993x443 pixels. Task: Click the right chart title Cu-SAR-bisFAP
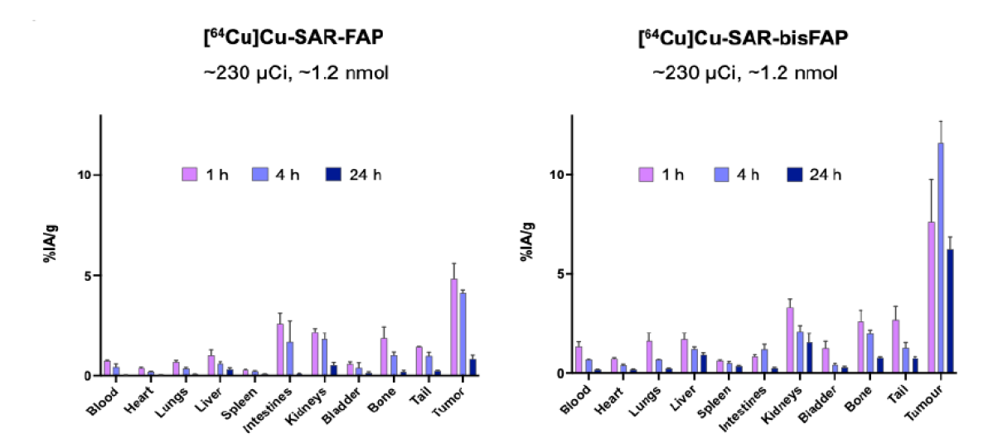coord(744,40)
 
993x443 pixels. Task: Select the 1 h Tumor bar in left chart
coord(454,327)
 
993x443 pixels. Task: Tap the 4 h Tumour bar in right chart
coord(940,258)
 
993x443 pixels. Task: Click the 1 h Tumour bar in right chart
coord(930,298)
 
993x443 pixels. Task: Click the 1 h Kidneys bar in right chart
coord(790,340)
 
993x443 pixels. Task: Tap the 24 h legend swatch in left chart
coord(345,175)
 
